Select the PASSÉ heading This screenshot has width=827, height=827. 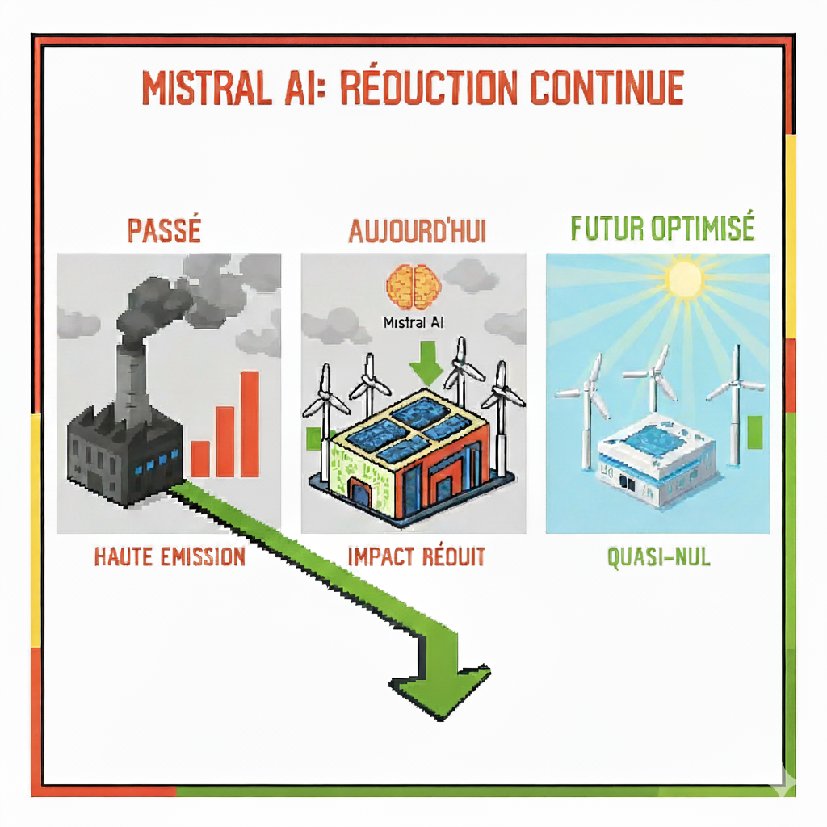[163, 230]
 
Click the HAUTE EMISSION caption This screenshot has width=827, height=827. [170, 556]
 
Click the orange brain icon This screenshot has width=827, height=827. [413, 288]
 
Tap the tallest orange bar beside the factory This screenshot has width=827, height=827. [250, 424]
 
